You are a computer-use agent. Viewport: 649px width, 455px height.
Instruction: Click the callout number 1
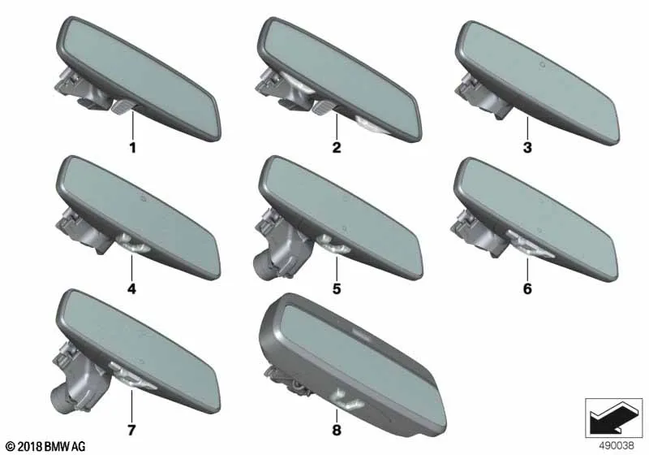tap(133, 148)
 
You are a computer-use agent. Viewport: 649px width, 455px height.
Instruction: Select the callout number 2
tap(337, 148)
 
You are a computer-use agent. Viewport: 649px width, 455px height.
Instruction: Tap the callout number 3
tap(527, 148)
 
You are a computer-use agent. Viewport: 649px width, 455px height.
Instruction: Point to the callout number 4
tap(131, 288)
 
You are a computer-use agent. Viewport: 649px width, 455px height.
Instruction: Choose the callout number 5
tap(337, 288)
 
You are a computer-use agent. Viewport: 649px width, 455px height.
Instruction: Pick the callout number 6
tap(527, 288)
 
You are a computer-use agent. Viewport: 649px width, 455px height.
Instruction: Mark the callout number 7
tap(131, 430)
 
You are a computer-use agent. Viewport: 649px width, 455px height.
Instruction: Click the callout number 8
tap(337, 430)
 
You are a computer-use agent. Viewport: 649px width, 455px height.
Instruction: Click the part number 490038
tap(617, 445)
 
